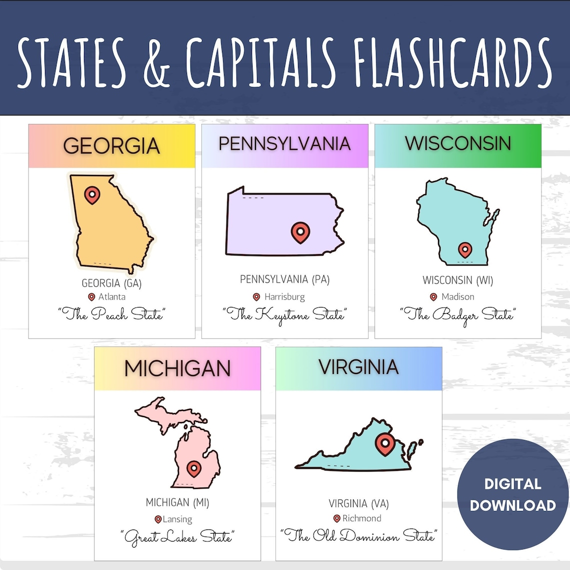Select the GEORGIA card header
point(111,146)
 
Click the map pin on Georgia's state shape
point(91,194)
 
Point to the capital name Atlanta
point(112,297)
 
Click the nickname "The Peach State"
point(111,314)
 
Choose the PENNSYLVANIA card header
point(284,144)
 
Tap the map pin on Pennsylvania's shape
point(300,232)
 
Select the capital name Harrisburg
point(284,297)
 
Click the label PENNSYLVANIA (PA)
point(284,279)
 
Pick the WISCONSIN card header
point(458,143)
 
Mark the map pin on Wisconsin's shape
point(465,249)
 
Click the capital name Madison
point(458,297)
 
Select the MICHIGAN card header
point(177,369)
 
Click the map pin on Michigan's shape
point(193,469)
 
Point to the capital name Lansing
point(177,519)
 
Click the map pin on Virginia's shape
point(384,444)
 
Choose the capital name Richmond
point(362,518)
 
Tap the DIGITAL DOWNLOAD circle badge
point(512,494)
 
